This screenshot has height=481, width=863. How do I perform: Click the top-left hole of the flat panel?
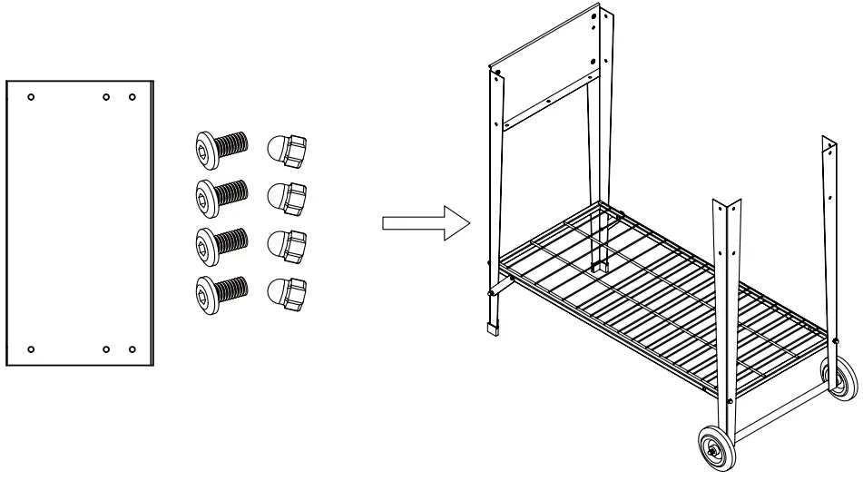coord(31,96)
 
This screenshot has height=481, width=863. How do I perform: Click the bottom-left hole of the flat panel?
coord(31,348)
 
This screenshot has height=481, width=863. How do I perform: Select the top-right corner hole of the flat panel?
coord(132,96)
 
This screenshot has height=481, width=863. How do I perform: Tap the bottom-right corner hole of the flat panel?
coord(132,348)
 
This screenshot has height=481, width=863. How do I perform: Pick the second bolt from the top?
coord(221,194)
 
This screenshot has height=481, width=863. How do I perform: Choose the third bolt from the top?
coord(221,242)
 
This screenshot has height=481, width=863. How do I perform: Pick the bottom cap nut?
coord(287,290)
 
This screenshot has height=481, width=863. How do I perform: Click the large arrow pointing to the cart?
coord(423,227)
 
